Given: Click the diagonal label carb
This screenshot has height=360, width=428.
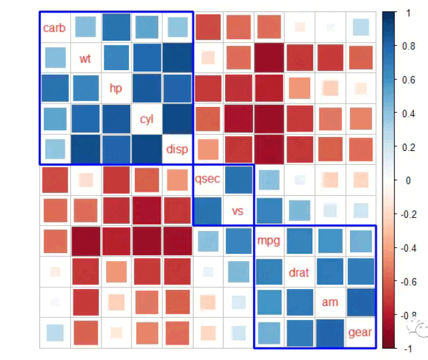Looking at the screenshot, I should tap(55, 28).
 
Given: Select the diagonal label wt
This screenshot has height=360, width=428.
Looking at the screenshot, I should tap(85, 59).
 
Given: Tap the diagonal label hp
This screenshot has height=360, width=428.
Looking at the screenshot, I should tap(116, 89).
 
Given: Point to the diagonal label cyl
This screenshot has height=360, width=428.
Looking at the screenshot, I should tap(146, 120).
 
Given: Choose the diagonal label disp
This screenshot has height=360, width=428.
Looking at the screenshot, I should tap(177, 150).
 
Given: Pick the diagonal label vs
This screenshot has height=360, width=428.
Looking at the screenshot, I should tap(238, 211).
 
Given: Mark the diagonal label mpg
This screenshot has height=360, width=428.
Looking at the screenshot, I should tap(268, 241).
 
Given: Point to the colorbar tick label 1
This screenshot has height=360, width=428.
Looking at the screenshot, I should tap(408, 13).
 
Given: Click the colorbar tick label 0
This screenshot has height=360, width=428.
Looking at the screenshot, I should tap(408, 180).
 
